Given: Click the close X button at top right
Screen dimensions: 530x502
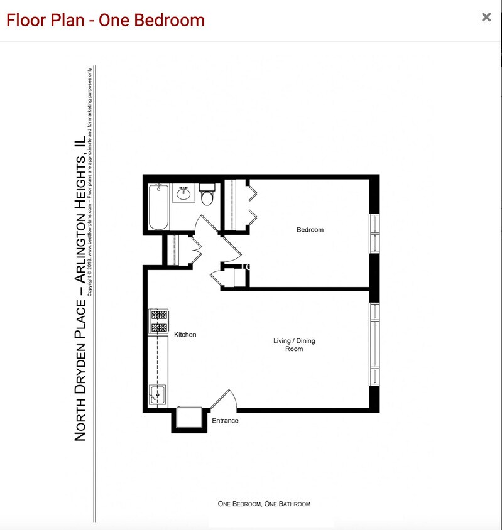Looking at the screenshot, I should [x=486, y=18].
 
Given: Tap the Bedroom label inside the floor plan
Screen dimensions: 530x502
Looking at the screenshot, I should [x=310, y=230].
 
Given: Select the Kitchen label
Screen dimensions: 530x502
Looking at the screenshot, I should [x=185, y=335].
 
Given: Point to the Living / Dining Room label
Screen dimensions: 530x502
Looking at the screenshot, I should [x=294, y=345].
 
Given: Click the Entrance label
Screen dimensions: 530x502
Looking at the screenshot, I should [x=225, y=421].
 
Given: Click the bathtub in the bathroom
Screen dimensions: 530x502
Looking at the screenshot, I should [x=158, y=207].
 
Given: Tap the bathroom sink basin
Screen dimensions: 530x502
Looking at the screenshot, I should [x=184, y=193].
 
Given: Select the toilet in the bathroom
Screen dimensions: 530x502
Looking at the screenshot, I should [x=208, y=197].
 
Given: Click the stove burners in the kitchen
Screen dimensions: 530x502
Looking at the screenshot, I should [x=158, y=322].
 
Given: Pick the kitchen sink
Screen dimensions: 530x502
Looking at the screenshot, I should [x=157, y=395].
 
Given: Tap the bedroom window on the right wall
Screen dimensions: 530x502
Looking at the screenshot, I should [x=374, y=233].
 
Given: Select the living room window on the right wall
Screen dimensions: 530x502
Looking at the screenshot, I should [x=374, y=345].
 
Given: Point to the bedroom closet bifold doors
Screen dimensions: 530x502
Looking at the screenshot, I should [x=251, y=200].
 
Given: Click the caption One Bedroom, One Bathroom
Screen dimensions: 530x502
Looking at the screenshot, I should [x=264, y=504].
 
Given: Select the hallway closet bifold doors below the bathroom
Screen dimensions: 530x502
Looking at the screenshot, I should [x=195, y=249].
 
